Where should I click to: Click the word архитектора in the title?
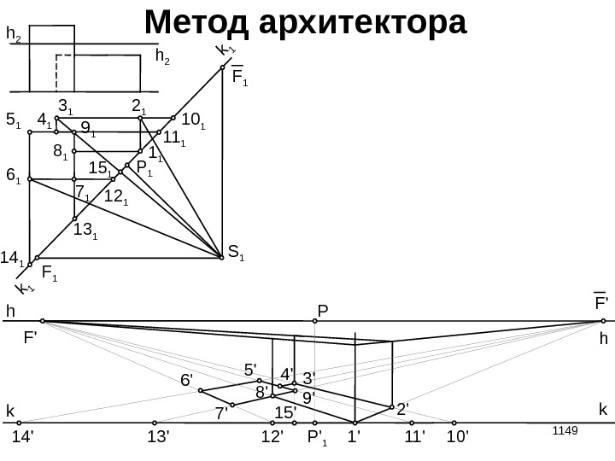366,23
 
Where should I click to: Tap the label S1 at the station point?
236,252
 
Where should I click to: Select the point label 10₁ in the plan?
195,120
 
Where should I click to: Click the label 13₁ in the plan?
85,230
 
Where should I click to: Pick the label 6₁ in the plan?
13,176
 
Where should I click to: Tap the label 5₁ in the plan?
13,121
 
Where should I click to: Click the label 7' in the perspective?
222,414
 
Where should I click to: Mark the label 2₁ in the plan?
139,106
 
